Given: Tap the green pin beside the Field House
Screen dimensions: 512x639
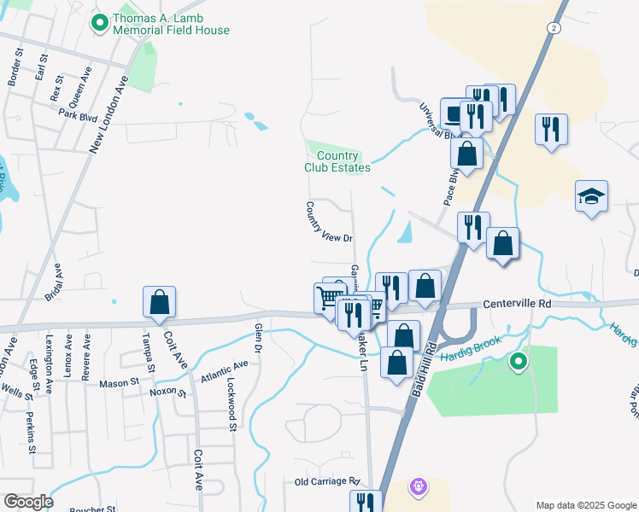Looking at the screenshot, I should tap(100, 23).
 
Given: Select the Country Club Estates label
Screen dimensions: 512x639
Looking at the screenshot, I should tap(337, 161).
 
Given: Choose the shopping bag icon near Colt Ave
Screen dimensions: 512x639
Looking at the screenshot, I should tap(159, 302).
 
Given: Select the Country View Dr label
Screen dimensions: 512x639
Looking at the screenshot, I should tap(330, 222).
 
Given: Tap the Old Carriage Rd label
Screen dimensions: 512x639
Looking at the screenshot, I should tap(329, 482).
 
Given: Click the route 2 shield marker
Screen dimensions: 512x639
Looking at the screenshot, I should tap(555, 28).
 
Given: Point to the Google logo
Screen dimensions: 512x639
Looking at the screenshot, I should tap(27, 502).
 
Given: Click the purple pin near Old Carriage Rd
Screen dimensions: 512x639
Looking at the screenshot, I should tap(417, 487).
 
